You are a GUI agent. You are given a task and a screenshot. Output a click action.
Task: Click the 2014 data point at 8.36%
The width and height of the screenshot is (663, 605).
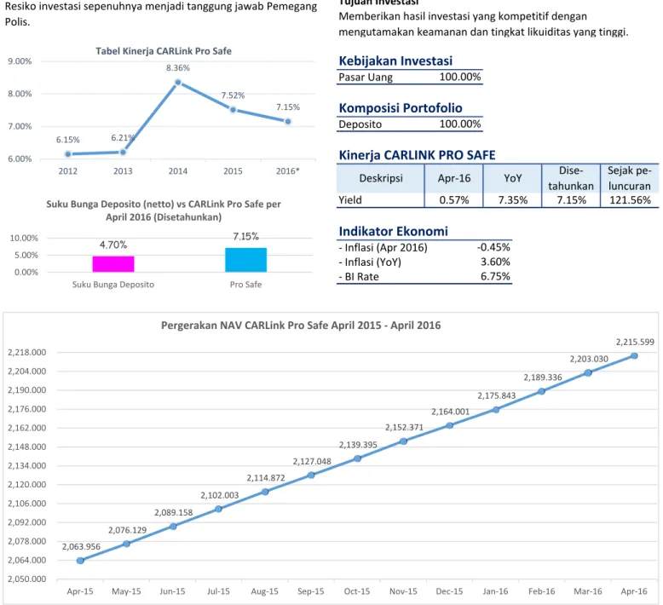[178, 83]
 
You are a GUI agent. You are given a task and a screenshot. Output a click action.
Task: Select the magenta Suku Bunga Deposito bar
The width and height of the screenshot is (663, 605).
[113, 264]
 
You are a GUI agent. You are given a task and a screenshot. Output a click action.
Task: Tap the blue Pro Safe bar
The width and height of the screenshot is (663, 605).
[245, 260]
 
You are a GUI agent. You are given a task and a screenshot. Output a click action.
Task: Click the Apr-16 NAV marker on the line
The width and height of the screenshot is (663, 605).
[634, 356]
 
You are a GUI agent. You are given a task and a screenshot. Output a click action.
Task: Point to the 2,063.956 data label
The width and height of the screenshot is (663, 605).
[81, 547]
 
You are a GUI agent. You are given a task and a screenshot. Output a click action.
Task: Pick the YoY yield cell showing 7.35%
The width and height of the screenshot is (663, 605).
[513, 200]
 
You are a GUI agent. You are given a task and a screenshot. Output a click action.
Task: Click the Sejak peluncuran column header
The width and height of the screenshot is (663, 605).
[630, 178]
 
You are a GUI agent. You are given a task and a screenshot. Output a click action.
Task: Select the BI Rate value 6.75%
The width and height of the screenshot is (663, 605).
[495, 276]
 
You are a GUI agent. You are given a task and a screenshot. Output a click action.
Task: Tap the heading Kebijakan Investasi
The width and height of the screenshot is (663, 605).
[395, 60]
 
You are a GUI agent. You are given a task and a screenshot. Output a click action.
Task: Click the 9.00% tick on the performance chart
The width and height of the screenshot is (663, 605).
[20, 61]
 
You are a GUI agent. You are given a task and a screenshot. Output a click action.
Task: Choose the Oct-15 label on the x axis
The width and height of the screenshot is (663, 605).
[357, 591]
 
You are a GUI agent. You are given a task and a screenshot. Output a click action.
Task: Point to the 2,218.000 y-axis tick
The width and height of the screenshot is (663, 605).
[27, 353]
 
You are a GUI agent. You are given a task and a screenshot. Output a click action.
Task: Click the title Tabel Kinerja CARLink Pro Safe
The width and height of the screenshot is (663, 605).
[164, 51]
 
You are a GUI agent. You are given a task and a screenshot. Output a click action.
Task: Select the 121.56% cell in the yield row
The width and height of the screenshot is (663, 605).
[630, 200]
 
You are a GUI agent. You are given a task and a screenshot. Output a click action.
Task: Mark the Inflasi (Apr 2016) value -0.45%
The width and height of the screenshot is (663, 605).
[493, 247]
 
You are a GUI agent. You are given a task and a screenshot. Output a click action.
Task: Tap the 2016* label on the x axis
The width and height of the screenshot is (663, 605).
[287, 171]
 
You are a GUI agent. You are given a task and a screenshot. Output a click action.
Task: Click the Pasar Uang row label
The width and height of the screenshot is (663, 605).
[366, 78]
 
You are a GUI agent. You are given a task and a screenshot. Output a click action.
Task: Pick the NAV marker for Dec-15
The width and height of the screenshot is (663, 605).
[449, 425]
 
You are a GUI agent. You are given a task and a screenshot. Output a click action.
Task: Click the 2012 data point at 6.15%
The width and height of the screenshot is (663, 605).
[68, 154]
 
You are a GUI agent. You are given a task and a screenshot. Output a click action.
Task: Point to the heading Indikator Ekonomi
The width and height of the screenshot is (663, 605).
[393, 231]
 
